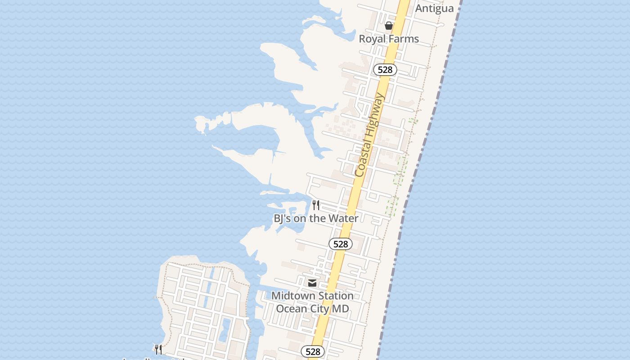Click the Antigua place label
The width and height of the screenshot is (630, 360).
(x=434, y=9)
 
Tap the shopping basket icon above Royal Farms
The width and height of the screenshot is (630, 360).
(x=389, y=26)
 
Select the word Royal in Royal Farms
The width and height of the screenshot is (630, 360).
(x=373, y=39)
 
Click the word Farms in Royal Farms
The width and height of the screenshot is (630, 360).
(x=404, y=39)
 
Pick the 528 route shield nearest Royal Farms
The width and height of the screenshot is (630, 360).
(x=385, y=70)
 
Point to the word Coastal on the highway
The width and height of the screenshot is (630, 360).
(x=364, y=155)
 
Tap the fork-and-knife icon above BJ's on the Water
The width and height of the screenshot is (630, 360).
(x=316, y=205)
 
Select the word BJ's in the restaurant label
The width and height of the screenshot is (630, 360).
(x=283, y=218)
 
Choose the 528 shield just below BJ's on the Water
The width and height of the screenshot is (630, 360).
(x=341, y=244)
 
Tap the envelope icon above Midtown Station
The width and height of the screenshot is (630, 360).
(x=312, y=283)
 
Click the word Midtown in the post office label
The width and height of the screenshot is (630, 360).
(x=290, y=296)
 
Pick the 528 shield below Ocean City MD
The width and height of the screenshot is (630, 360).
(x=313, y=351)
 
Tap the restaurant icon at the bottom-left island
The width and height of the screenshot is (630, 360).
(x=158, y=349)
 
